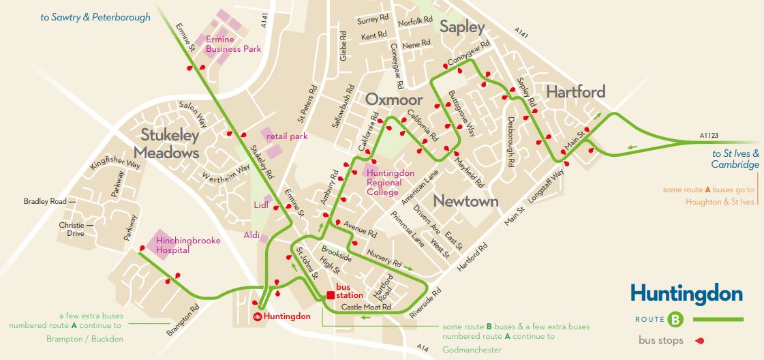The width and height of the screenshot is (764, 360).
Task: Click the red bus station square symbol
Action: [x=330, y=295]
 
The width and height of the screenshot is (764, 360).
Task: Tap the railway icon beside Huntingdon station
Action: [x=258, y=316]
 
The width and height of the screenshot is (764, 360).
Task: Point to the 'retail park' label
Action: [x=287, y=136]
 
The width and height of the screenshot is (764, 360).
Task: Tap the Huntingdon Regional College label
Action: [x=390, y=183]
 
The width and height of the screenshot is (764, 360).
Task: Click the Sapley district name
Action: [x=462, y=27]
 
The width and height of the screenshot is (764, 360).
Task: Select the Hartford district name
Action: [x=575, y=92]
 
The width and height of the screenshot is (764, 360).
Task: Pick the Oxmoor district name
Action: [x=394, y=100]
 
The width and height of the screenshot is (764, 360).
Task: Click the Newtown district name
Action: [x=466, y=201]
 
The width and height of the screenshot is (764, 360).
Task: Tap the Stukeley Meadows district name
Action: [x=170, y=143]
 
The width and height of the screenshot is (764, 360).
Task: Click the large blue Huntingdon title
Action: [x=686, y=294]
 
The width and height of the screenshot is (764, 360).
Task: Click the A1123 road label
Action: [x=709, y=136]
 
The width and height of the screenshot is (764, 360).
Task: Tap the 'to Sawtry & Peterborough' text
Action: [x=95, y=18]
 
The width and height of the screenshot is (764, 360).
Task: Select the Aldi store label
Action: [x=252, y=235]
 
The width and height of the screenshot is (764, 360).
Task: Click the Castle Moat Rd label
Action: [x=366, y=307]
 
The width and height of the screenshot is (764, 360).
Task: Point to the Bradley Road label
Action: [x=45, y=202]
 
